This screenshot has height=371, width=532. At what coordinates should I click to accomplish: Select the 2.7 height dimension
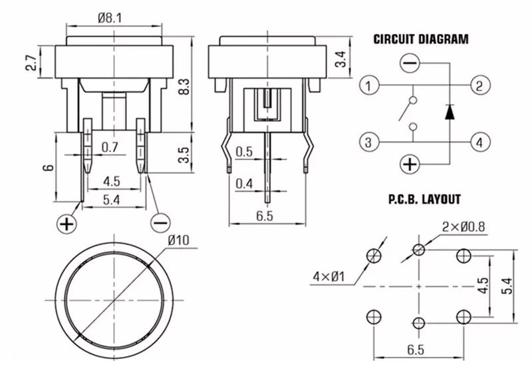point(31,64)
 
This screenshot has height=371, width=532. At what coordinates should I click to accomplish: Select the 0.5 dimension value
point(245,151)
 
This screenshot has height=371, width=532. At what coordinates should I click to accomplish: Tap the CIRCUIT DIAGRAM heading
point(421,39)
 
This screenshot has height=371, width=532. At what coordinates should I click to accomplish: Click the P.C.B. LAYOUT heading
point(424,198)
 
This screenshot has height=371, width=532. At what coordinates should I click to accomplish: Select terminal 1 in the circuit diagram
point(369,85)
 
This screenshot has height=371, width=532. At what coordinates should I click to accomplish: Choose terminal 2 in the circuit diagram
point(479,85)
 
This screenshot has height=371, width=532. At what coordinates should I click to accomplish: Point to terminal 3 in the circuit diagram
point(369,141)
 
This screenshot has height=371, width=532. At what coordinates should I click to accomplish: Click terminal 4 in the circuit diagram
point(479,141)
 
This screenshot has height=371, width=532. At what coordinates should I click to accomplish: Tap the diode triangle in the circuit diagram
point(450,111)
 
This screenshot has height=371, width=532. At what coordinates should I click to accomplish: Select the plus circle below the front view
point(67,224)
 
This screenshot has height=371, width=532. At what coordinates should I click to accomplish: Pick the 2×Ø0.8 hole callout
point(464,226)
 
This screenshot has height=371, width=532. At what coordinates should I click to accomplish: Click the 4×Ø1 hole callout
point(330,274)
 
